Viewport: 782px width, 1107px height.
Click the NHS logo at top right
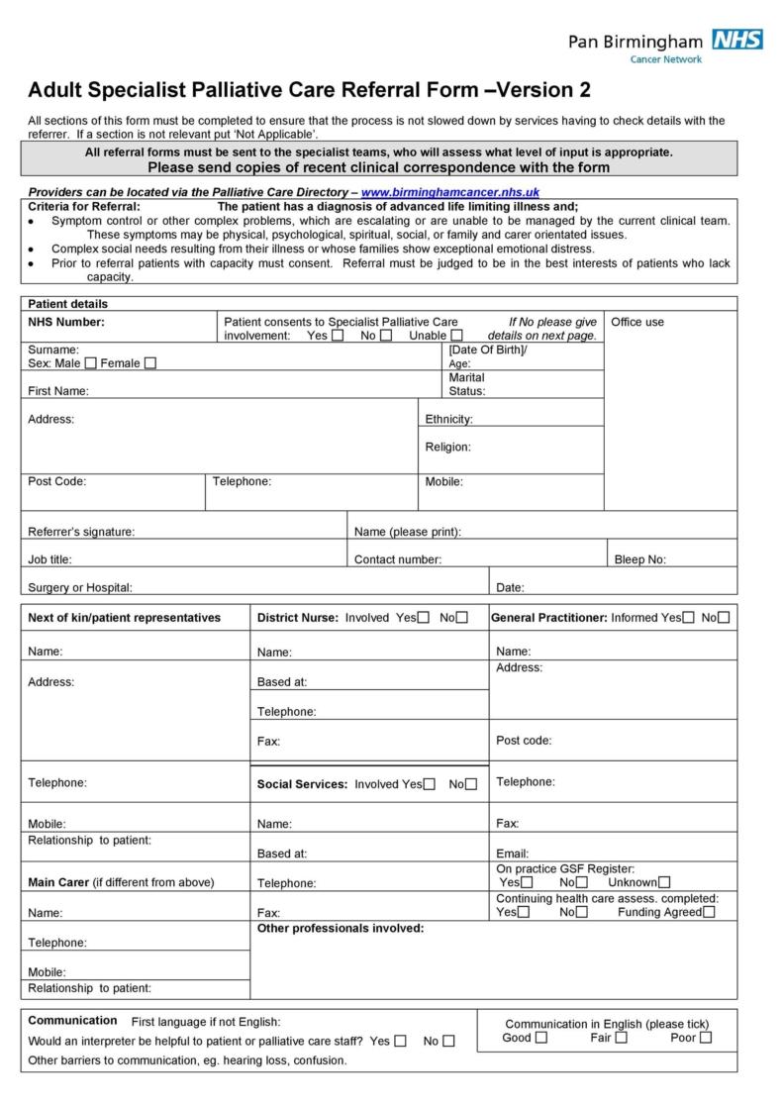click(737, 40)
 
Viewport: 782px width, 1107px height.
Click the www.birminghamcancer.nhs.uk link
click(450, 192)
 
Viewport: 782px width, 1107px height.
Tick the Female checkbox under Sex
click(149, 363)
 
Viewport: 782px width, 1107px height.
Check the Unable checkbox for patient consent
click(456, 336)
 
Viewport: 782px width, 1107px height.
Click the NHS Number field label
click(66, 322)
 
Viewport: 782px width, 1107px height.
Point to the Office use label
click(638, 322)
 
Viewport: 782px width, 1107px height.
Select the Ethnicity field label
click(448, 419)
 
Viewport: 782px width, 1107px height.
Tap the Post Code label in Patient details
click(57, 481)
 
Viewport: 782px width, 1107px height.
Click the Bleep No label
click(640, 559)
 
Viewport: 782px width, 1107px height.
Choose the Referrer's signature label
click(81, 532)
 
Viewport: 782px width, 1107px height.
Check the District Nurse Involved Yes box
click(424, 618)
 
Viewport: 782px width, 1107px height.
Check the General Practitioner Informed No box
click(724, 618)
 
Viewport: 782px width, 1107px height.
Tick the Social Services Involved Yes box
click(429, 784)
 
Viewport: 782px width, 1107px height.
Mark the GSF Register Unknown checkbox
click(663, 882)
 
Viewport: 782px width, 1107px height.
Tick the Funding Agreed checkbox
click(709, 912)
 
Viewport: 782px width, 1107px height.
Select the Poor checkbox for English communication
click(706, 1038)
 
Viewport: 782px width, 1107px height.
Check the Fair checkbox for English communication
click(621, 1038)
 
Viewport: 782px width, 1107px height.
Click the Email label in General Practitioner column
click(513, 853)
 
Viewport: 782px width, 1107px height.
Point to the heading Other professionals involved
click(341, 928)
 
